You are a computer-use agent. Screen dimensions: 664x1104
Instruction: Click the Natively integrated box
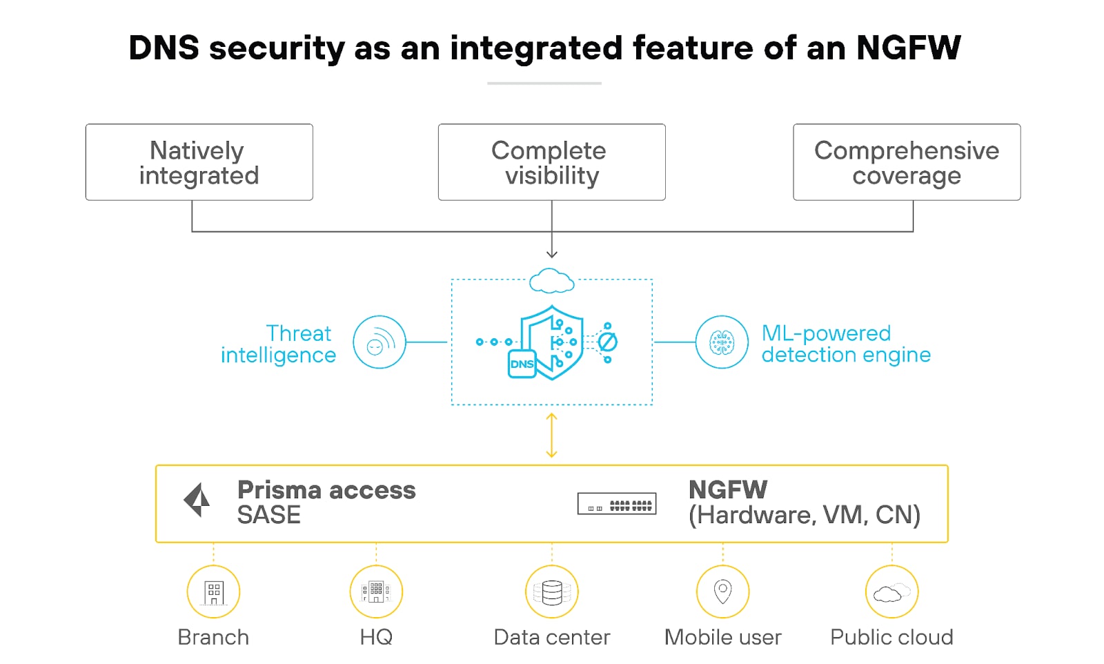click(x=199, y=162)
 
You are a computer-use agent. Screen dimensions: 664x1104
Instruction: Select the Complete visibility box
click(x=551, y=162)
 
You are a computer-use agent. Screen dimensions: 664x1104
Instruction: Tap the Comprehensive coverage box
click(x=906, y=162)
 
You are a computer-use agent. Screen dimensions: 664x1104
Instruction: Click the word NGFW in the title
click(x=908, y=48)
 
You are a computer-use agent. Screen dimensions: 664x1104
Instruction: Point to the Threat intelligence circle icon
click(x=379, y=342)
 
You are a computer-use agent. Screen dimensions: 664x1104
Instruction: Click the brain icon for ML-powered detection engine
click(x=722, y=342)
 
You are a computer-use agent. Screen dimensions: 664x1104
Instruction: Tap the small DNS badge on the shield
click(x=522, y=364)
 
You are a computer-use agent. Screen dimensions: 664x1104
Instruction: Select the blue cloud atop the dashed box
click(x=551, y=281)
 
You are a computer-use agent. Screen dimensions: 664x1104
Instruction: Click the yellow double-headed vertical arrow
click(x=551, y=435)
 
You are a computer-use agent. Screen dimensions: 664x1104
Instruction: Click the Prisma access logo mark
click(x=197, y=500)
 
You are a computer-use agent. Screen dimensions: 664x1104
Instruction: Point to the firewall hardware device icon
click(x=616, y=504)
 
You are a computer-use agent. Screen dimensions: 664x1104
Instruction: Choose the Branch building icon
click(x=213, y=592)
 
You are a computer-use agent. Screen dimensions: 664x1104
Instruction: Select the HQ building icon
click(x=376, y=592)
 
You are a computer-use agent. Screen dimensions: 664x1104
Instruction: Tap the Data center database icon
click(x=551, y=592)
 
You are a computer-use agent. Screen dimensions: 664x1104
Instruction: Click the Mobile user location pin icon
click(x=722, y=592)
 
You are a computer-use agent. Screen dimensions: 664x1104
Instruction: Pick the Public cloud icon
click(x=891, y=592)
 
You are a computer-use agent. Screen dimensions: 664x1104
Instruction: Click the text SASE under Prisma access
click(x=268, y=516)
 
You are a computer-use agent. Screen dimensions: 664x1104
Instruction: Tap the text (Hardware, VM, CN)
click(x=805, y=516)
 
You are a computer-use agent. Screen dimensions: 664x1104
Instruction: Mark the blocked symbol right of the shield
click(x=607, y=342)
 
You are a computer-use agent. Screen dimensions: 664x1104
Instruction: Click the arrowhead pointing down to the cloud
click(x=551, y=254)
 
